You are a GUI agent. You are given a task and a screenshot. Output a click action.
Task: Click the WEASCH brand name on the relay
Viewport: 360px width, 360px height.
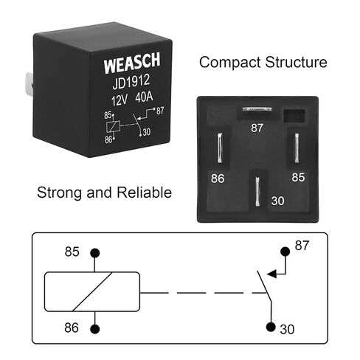[x=132, y=62]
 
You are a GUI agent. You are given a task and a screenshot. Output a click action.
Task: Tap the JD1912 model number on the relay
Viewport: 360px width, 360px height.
[x=131, y=82]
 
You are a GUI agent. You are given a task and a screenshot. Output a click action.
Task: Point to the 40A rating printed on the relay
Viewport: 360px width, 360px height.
[x=144, y=97]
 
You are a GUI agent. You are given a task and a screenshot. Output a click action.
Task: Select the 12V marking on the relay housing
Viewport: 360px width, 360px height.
[x=120, y=100]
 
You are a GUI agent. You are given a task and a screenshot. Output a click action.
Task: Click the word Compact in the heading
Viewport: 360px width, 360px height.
[x=229, y=62]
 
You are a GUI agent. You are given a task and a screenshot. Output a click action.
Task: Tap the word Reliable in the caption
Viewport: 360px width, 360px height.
[x=144, y=193]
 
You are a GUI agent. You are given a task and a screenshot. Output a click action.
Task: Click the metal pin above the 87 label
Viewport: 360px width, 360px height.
[x=257, y=109]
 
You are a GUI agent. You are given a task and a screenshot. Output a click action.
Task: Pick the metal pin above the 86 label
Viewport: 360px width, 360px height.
[x=220, y=148]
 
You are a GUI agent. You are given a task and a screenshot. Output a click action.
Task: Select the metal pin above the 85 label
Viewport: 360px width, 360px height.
[x=297, y=148]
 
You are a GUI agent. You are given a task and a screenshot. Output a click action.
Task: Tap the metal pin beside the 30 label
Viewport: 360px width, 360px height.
[x=257, y=192]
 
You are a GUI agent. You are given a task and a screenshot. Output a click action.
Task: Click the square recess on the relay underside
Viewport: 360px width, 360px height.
[x=294, y=116]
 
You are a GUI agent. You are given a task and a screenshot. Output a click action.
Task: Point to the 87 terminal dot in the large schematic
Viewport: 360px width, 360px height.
[x=285, y=252]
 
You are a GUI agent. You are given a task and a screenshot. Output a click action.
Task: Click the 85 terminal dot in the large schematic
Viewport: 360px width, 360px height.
[x=95, y=253]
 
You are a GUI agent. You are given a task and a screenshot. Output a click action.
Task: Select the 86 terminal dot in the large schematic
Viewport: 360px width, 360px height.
[x=95, y=329]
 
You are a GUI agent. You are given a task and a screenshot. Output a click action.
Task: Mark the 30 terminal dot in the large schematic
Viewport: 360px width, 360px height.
[x=271, y=327]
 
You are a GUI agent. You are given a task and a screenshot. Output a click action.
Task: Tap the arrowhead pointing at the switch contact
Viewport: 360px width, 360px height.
[x=271, y=274]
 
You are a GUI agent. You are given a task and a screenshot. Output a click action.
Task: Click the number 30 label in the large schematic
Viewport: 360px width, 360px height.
[x=287, y=330]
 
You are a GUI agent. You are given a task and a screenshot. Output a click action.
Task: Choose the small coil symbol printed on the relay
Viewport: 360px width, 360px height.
[x=114, y=127]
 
